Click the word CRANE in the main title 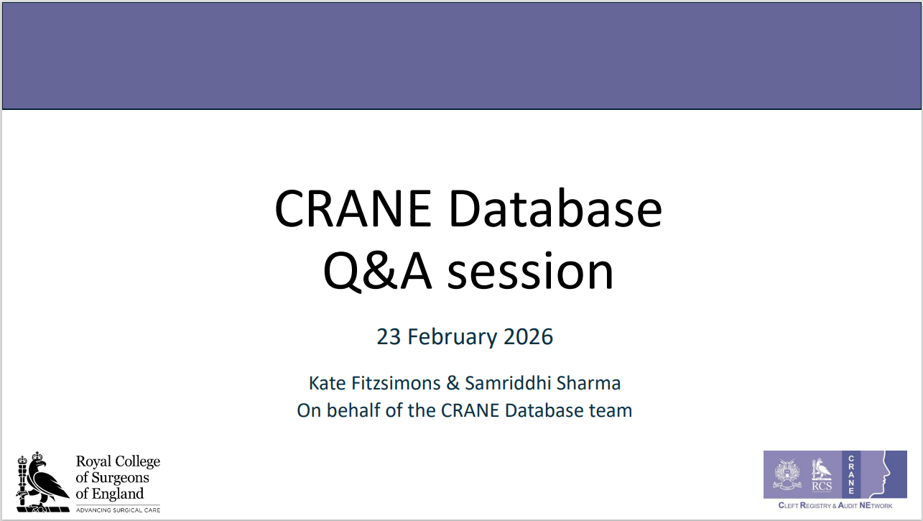[x=353, y=208]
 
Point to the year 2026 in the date [x=528, y=336]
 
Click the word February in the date [x=453, y=337]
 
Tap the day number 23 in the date [x=389, y=337]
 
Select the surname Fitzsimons [x=396, y=383]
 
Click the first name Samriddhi [x=508, y=383]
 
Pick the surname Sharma [x=588, y=383]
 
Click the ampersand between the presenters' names [x=453, y=383]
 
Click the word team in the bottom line [x=611, y=411]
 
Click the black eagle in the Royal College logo [x=47, y=481]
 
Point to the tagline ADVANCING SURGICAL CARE [x=118, y=510]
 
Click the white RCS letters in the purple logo [x=822, y=487]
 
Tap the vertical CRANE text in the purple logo [x=851, y=475]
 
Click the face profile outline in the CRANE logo [x=884, y=474]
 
